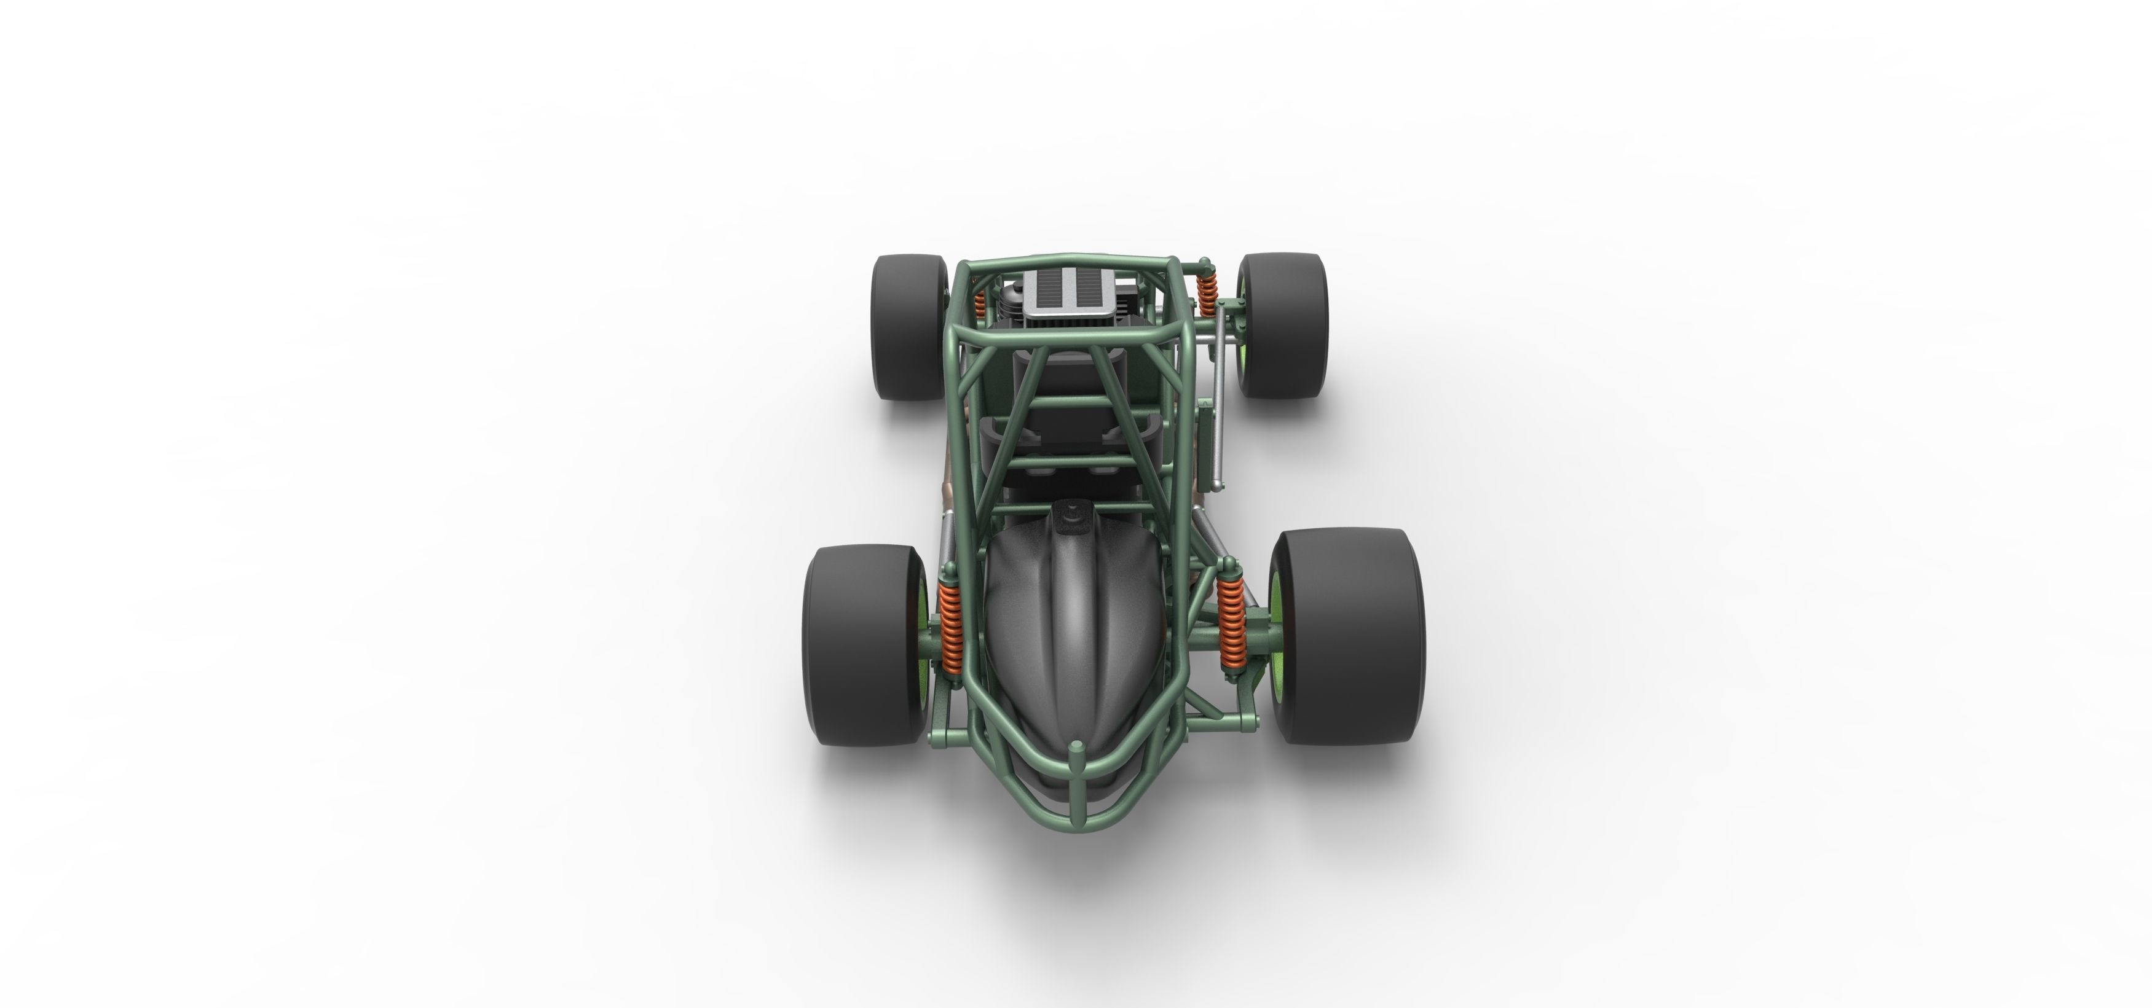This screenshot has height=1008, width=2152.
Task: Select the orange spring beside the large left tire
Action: coord(950,620)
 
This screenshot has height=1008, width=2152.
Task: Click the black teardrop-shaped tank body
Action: coord(1072,635)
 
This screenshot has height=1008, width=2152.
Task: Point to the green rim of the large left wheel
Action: coord(923,647)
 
